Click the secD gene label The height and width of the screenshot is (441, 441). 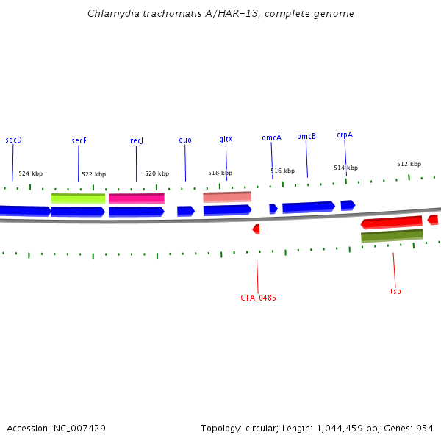point(13,140)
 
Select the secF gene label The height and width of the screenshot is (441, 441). point(79,140)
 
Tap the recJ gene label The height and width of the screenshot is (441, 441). point(137,140)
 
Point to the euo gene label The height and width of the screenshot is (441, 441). point(185,140)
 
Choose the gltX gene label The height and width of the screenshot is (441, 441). point(226,139)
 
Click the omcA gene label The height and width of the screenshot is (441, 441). point(271,137)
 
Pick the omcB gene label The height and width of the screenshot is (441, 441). point(306,136)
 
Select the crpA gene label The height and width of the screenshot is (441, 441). point(345,135)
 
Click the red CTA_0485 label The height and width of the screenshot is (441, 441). point(258,298)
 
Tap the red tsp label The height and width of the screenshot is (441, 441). point(395,291)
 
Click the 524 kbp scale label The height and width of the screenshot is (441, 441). point(30,173)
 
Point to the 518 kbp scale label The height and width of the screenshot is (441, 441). point(220,173)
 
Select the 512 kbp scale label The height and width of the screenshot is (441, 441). point(409,164)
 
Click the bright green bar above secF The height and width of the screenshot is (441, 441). point(78,198)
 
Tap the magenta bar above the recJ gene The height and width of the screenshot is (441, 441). point(136,198)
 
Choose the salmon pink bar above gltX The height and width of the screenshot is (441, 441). point(227,197)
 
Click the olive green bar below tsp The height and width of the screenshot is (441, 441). point(392,236)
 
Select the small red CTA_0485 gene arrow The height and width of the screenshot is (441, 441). point(256,229)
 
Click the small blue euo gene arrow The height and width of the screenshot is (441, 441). point(185,211)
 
